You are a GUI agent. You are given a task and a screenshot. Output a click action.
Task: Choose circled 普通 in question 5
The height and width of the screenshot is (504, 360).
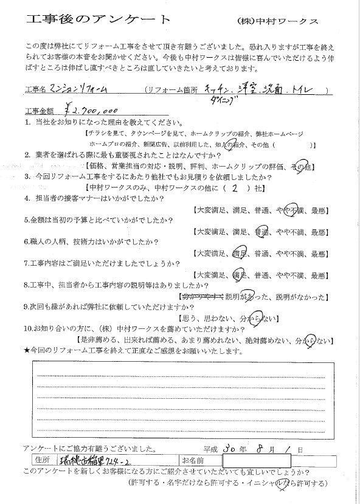[262, 232]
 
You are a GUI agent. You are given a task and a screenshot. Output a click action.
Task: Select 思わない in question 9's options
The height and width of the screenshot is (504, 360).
[226, 318]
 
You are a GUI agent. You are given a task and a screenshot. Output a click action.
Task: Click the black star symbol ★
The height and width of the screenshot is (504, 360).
[25, 351]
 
